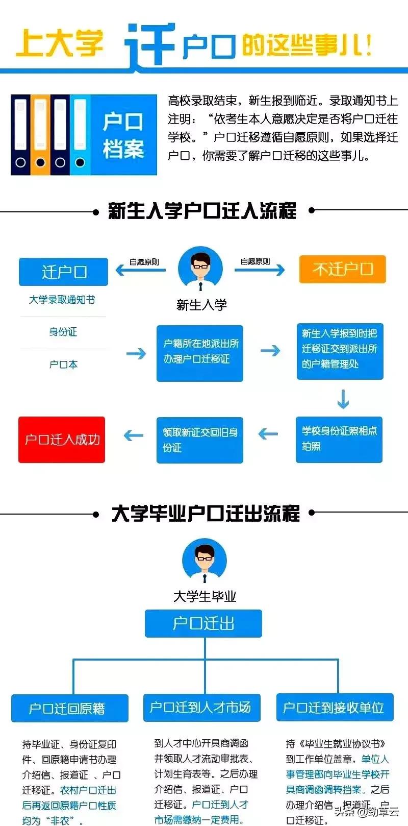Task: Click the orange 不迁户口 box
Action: coord(342,269)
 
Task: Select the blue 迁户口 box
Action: coord(63,272)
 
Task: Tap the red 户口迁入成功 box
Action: coord(62,440)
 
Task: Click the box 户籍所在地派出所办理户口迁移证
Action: coord(200,353)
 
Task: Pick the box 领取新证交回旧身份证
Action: coord(200,440)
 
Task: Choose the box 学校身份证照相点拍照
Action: coord(339,439)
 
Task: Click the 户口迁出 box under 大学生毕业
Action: coord(203,623)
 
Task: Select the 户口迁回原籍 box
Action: coord(69,708)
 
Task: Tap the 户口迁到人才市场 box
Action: coord(201,707)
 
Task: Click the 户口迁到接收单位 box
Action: coord(335,707)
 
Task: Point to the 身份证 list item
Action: coord(63,332)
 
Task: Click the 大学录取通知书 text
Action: coord(62,300)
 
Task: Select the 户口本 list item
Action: coord(63,365)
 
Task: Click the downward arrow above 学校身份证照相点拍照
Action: coord(343,399)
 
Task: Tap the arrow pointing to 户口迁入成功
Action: coord(134,435)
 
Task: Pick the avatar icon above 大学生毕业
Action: coord(204,562)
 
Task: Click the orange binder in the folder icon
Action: coord(40,134)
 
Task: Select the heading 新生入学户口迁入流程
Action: coord(202,210)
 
